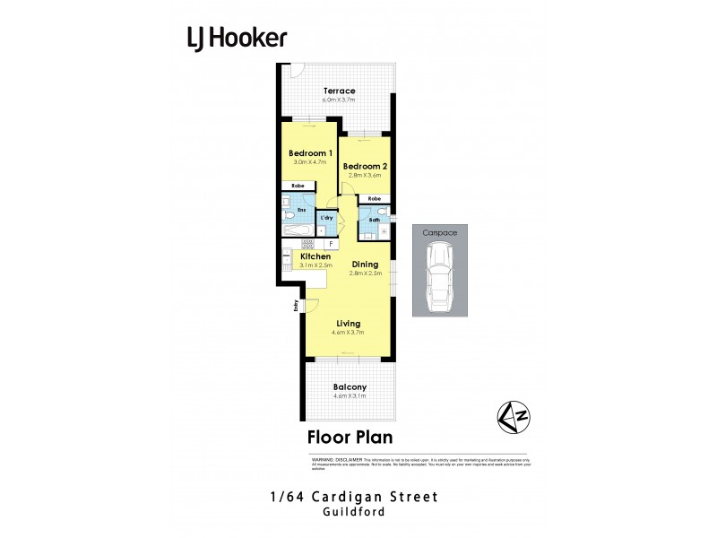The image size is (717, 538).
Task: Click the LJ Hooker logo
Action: pyautogui.click(x=237, y=38)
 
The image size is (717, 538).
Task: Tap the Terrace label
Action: pyautogui.click(x=340, y=91)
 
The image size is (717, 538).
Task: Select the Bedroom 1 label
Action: pyautogui.click(x=310, y=153)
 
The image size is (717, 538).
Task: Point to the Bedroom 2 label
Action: pyautogui.click(x=364, y=166)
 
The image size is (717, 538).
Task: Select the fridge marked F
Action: pyautogui.click(x=331, y=243)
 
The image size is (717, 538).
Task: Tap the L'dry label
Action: pyautogui.click(x=327, y=217)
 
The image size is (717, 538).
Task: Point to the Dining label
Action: pyautogui.click(x=365, y=265)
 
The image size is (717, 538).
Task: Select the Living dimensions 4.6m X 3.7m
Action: pyautogui.click(x=349, y=333)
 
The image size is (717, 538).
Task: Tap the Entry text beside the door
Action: pyautogui.click(x=295, y=306)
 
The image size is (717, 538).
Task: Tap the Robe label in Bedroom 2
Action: pyautogui.click(x=375, y=198)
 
